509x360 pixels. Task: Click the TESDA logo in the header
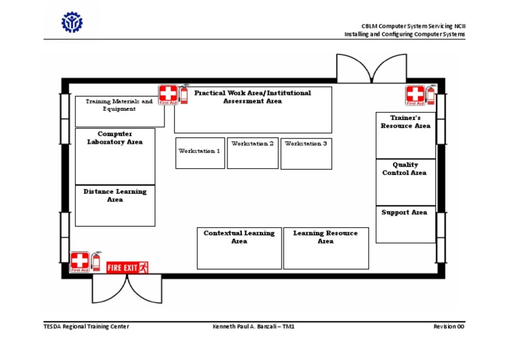pos(72,24)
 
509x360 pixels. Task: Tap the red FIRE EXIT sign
pos(127,267)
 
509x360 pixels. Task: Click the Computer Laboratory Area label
pos(115,138)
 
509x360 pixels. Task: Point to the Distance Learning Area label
pos(115,196)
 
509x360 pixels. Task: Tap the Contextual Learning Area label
pos(239,237)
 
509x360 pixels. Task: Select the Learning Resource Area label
pos(325,237)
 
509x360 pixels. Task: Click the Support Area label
pos(404,213)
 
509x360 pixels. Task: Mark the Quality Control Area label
pos(404,169)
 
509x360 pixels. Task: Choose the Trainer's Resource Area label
pos(405,121)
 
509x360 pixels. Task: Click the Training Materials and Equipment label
pos(119,105)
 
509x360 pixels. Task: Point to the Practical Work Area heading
pos(253,97)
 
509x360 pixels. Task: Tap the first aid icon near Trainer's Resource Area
pos(415,95)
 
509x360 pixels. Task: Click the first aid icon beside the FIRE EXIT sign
pos(80,261)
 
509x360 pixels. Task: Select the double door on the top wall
pos(362,68)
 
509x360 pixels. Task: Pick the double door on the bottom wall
pos(126,288)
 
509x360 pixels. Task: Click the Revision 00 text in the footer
pos(449,327)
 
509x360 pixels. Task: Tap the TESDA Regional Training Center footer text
pos(86,327)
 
